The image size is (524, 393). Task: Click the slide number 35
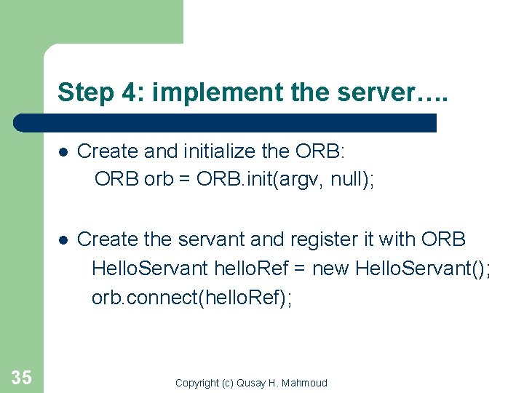click(x=22, y=376)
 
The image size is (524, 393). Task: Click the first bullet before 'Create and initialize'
click(x=63, y=152)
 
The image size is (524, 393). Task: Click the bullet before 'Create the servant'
click(x=63, y=239)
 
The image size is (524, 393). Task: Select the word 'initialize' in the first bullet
click(x=210, y=151)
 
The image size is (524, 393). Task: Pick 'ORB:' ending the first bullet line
click(x=322, y=151)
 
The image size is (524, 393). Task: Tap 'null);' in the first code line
click(x=353, y=180)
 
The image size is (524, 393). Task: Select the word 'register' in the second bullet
click(x=304, y=239)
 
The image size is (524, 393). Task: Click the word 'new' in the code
click(x=331, y=269)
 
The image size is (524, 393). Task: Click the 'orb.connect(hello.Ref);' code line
click(x=191, y=298)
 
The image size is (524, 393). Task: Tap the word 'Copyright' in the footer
click(x=196, y=383)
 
